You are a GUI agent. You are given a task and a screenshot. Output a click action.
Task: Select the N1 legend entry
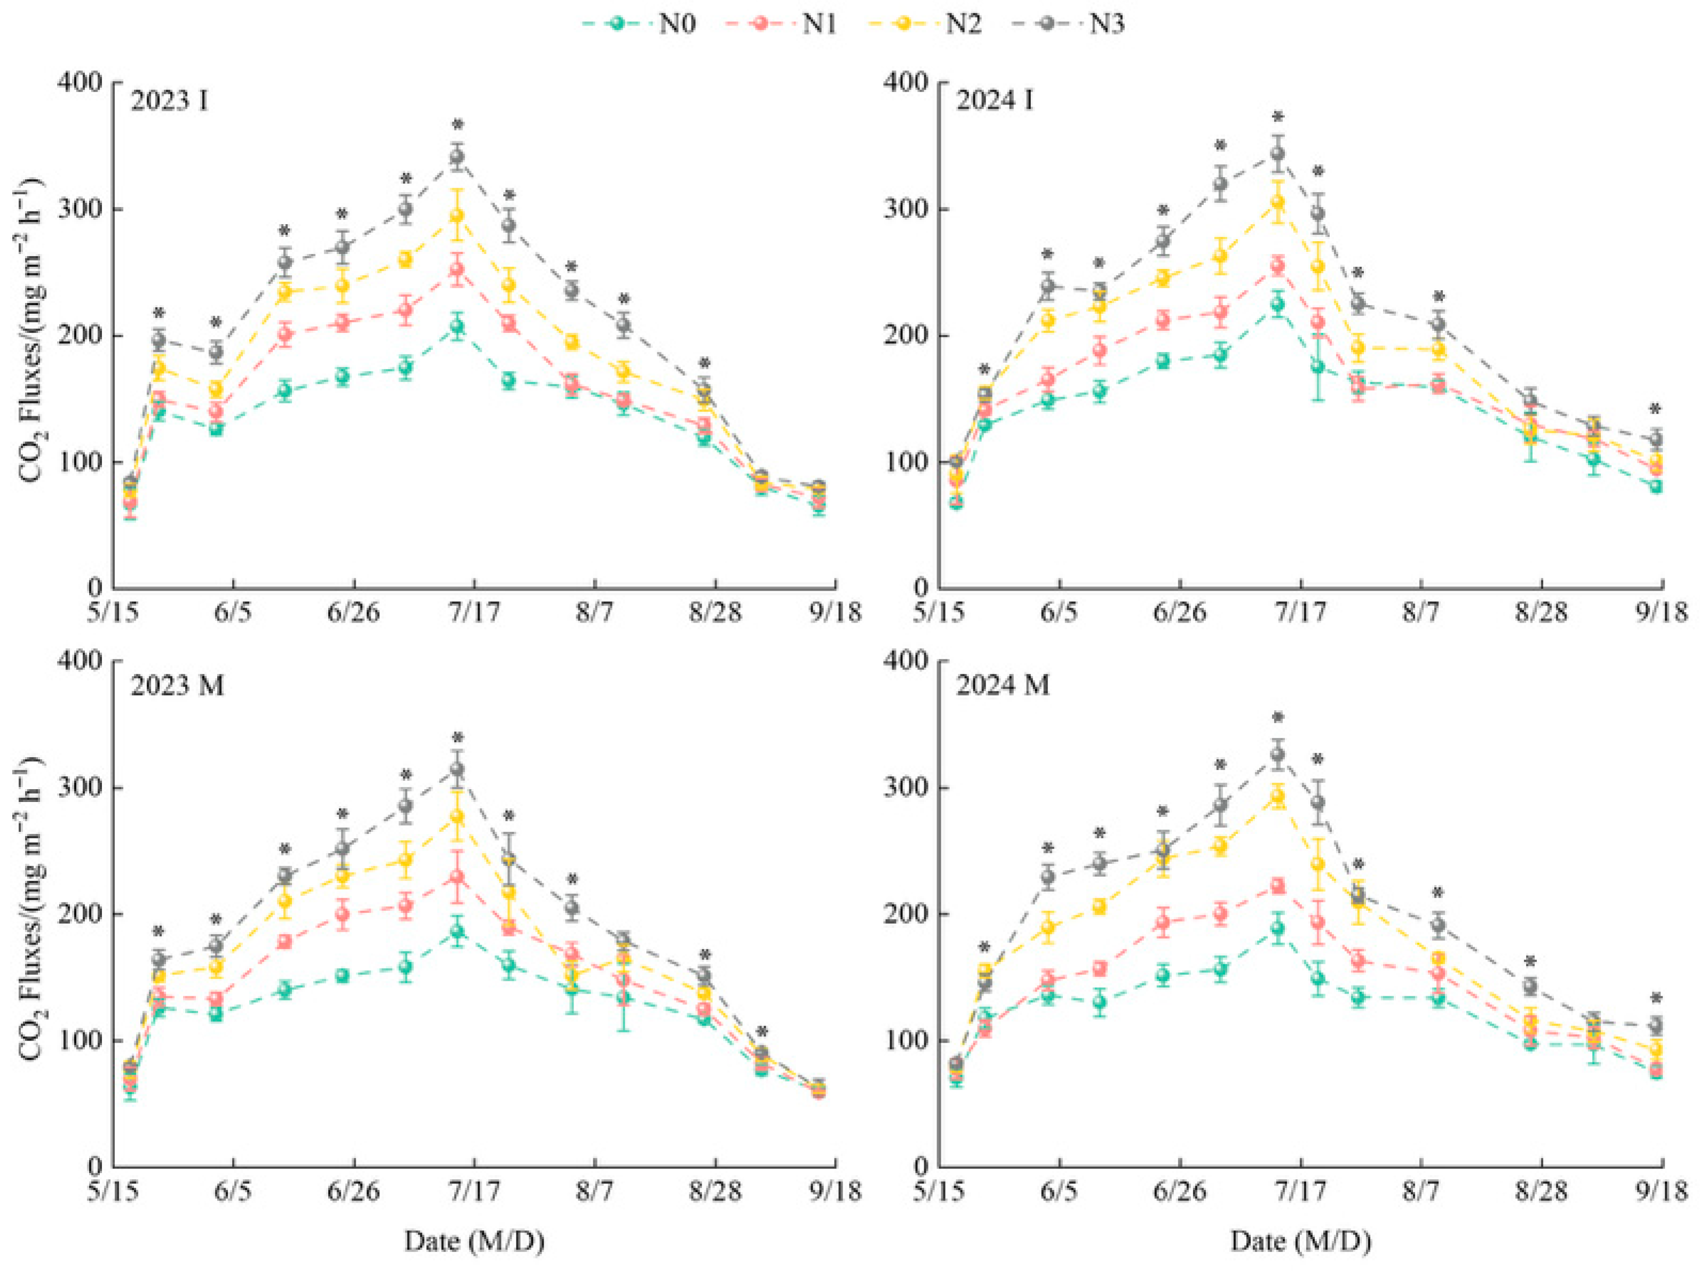pos(781,24)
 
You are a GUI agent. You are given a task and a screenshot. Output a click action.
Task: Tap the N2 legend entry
pos(925,24)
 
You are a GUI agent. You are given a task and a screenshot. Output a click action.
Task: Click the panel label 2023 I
pos(169,101)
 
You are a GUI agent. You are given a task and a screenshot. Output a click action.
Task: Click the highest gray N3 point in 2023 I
pos(457,157)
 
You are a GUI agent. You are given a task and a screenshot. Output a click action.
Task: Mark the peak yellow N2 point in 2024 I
pos(1277,202)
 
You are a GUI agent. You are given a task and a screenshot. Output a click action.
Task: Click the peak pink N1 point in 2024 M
pos(1277,886)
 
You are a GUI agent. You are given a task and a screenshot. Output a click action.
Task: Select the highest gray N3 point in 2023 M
pos(457,769)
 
